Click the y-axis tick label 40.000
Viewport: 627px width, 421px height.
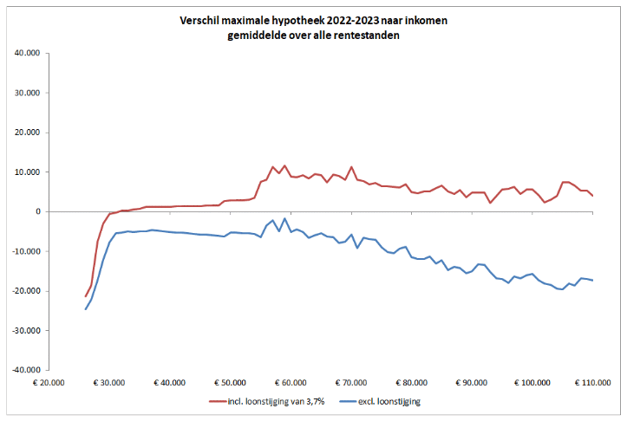[29, 54]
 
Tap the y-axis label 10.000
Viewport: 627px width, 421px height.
[29, 172]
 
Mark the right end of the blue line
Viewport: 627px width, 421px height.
[592, 280]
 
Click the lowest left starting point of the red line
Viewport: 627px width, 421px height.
[85, 296]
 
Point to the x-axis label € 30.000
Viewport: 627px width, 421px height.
[111, 381]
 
